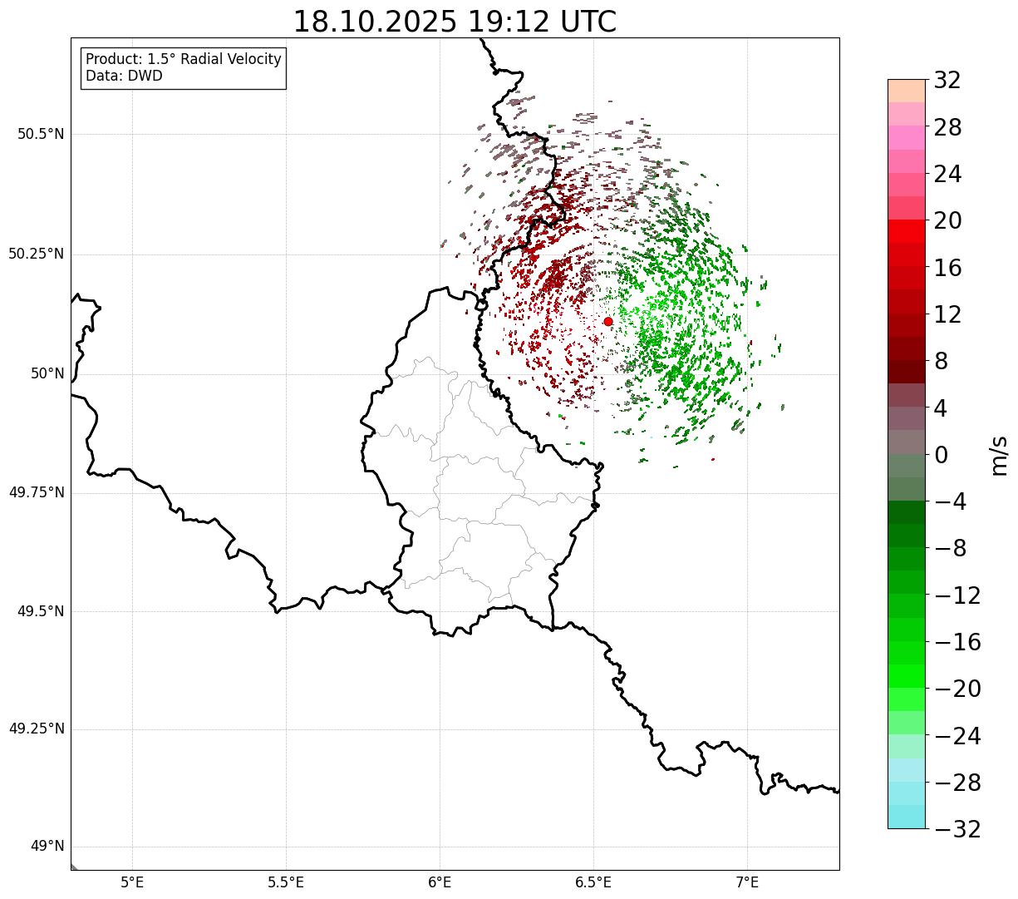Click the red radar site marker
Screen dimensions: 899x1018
click(608, 321)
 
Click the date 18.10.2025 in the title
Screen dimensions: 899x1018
click(375, 22)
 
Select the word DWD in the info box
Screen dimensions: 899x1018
click(146, 77)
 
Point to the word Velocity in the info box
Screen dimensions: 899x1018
click(250, 60)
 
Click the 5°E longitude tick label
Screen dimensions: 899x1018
click(132, 882)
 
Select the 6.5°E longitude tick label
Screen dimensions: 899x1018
click(593, 882)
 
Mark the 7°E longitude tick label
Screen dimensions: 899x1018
click(747, 882)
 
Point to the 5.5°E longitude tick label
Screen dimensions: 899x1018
click(286, 882)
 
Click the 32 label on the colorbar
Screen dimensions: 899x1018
click(947, 81)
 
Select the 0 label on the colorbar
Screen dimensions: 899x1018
click(941, 455)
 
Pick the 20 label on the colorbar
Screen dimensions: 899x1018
click(947, 221)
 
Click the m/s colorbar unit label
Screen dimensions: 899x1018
click(999, 455)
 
